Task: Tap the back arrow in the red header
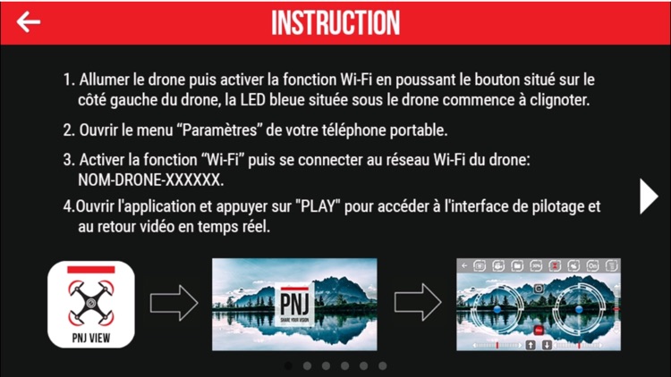29,21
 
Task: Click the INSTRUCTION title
335,22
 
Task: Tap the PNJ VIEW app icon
91,305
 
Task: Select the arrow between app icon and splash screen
174,303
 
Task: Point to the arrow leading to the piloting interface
418,302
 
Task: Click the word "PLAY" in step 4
318,206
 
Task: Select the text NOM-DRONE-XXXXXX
150,180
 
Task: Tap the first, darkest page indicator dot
288,366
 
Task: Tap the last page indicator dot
383,366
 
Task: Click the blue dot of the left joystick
497,308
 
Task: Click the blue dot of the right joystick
579,308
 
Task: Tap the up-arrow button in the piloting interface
531,345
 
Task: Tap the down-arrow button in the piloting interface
547,345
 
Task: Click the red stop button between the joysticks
539,330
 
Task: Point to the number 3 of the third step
68,160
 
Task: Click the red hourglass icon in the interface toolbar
555,266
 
